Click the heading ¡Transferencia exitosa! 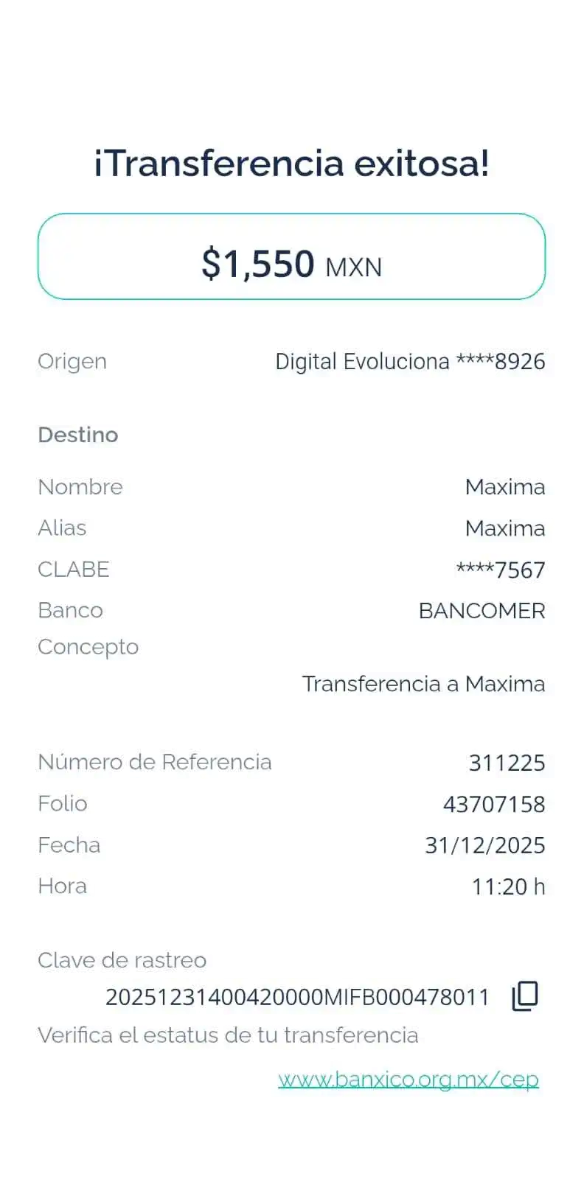coord(291,163)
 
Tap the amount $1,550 coord(258,263)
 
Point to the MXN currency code coord(354,267)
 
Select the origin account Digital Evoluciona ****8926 coord(410,361)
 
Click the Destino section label coord(78,435)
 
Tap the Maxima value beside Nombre coord(505,487)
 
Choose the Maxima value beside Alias coord(505,528)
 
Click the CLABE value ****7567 coord(501,570)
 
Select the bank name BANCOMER coord(482,611)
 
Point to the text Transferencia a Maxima coord(424,684)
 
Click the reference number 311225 coord(507,763)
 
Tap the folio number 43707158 coord(494,804)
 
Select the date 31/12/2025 coord(485,845)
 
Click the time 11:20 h coord(509,886)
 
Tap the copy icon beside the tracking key coord(525,996)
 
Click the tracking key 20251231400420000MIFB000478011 coord(297,997)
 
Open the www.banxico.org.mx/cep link coord(409,1080)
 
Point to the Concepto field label coord(88,647)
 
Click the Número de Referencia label coord(154,762)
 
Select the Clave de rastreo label coord(122,960)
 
